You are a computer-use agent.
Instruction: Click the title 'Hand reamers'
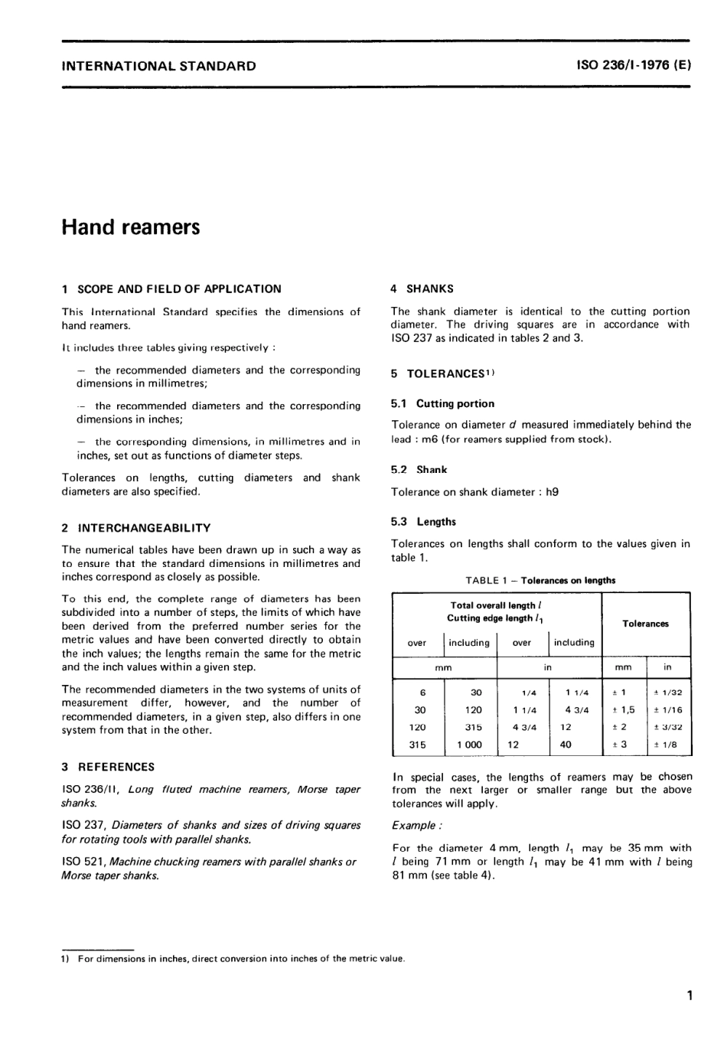coord(131,227)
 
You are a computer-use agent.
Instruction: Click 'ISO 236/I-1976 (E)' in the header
coord(634,66)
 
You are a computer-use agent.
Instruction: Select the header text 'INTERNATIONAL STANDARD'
coord(158,66)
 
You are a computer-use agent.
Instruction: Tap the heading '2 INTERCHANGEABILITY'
coord(136,528)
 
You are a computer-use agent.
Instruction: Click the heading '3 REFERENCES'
coord(108,767)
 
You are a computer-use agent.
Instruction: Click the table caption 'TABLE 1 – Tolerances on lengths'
coord(540,580)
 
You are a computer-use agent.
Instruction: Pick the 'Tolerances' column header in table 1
coord(645,624)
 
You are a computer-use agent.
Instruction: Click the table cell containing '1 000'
coord(469,745)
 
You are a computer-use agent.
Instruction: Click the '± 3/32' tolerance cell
coord(667,727)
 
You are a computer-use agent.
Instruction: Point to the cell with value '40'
coord(566,745)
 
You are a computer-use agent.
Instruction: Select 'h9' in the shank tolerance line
coord(552,492)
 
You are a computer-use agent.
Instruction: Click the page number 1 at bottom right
coord(690,996)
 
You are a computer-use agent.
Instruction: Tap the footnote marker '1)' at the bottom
coord(65,959)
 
